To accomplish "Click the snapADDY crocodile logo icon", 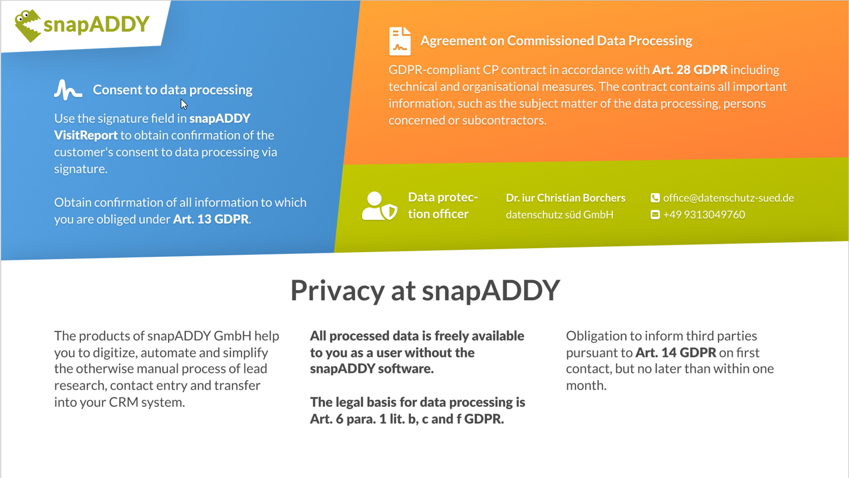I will point(28,25).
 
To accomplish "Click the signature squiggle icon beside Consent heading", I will point(68,89).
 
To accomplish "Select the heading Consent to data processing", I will point(173,90).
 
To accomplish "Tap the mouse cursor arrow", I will point(184,104).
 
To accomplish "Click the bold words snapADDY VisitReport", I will point(152,127).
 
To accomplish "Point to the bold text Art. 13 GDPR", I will point(211,220).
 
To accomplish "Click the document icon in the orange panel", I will point(400,41).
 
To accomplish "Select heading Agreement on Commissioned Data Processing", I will point(556,41).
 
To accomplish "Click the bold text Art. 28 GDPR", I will point(690,70).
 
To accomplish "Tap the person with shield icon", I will point(380,206).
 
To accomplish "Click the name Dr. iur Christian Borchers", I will point(565,198).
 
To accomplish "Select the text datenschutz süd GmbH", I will point(559,215).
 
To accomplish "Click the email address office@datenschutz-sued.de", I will point(728,198).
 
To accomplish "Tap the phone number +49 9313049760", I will point(704,215).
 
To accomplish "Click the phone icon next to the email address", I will point(655,198).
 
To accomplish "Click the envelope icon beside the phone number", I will point(655,215).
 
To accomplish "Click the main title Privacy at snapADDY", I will point(425,290).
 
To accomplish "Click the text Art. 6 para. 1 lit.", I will point(370,419).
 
